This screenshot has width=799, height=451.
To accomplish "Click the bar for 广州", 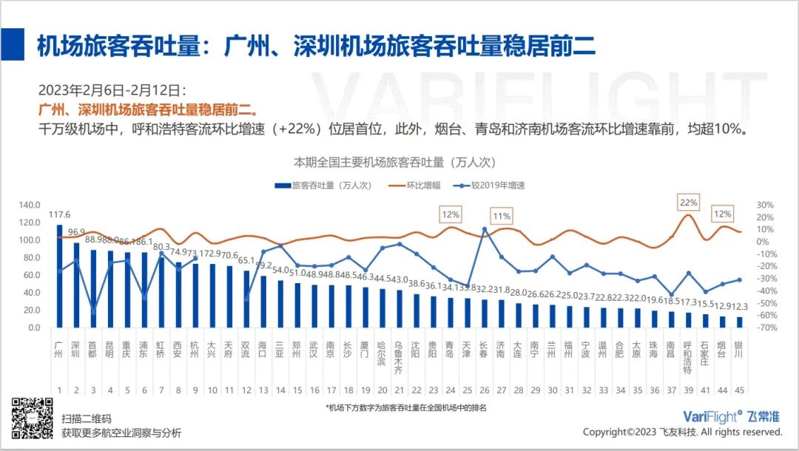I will pyautogui.click(x=59, y=277).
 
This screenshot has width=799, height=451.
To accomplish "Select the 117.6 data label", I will pyautogui.click(x=60, y=214).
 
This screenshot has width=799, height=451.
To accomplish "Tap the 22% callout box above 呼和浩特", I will pyautogui.click(x=688, y=202).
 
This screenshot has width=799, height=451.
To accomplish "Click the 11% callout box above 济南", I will pyautogui.click(x=502, y=216).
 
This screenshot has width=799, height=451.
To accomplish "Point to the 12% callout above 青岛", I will pyautogui.click(x=451, y=215).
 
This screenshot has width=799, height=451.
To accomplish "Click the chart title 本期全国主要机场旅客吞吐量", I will pyautogui.click(x=394, y=161).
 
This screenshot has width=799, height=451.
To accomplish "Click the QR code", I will pyautogui.click(x=33, y=418).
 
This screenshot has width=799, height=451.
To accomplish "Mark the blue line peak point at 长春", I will pyautogui.click(x=485, y=229).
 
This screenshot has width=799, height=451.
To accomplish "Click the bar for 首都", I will pyautogui.click(x=93, y=289).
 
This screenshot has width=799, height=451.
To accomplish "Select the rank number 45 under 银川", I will pyautogui.click(x=738, y=390).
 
